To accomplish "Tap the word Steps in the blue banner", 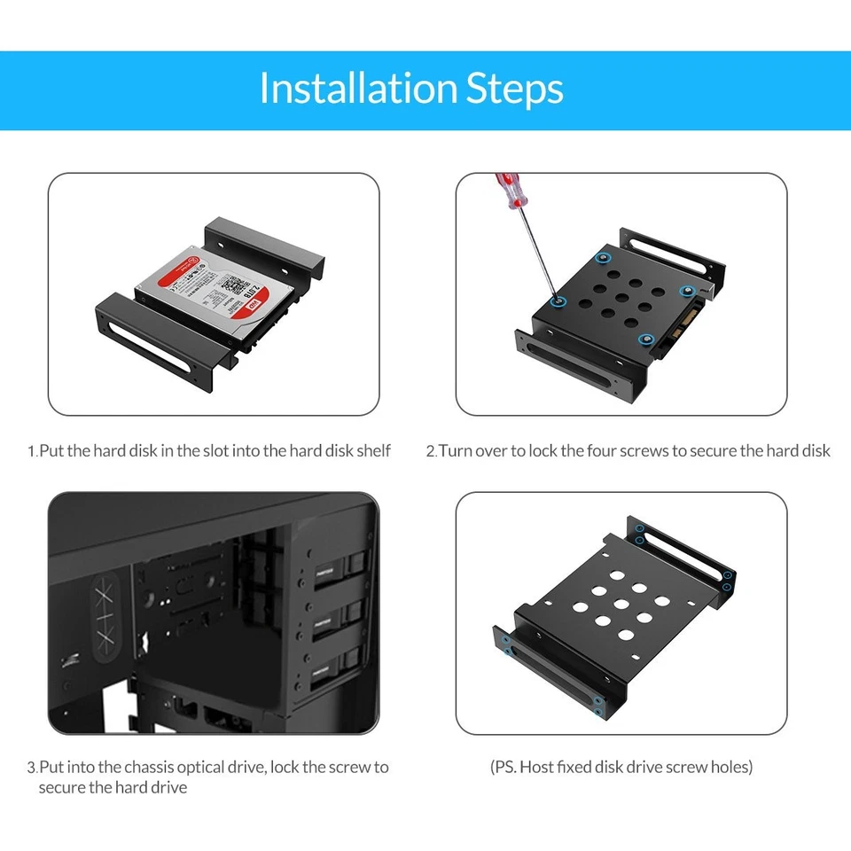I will click(x=515, y=89).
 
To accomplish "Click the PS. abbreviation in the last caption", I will click(x=504, y=767).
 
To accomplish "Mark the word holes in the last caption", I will click(x=730, y=767).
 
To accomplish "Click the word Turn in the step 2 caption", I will click(x=456, y=451).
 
